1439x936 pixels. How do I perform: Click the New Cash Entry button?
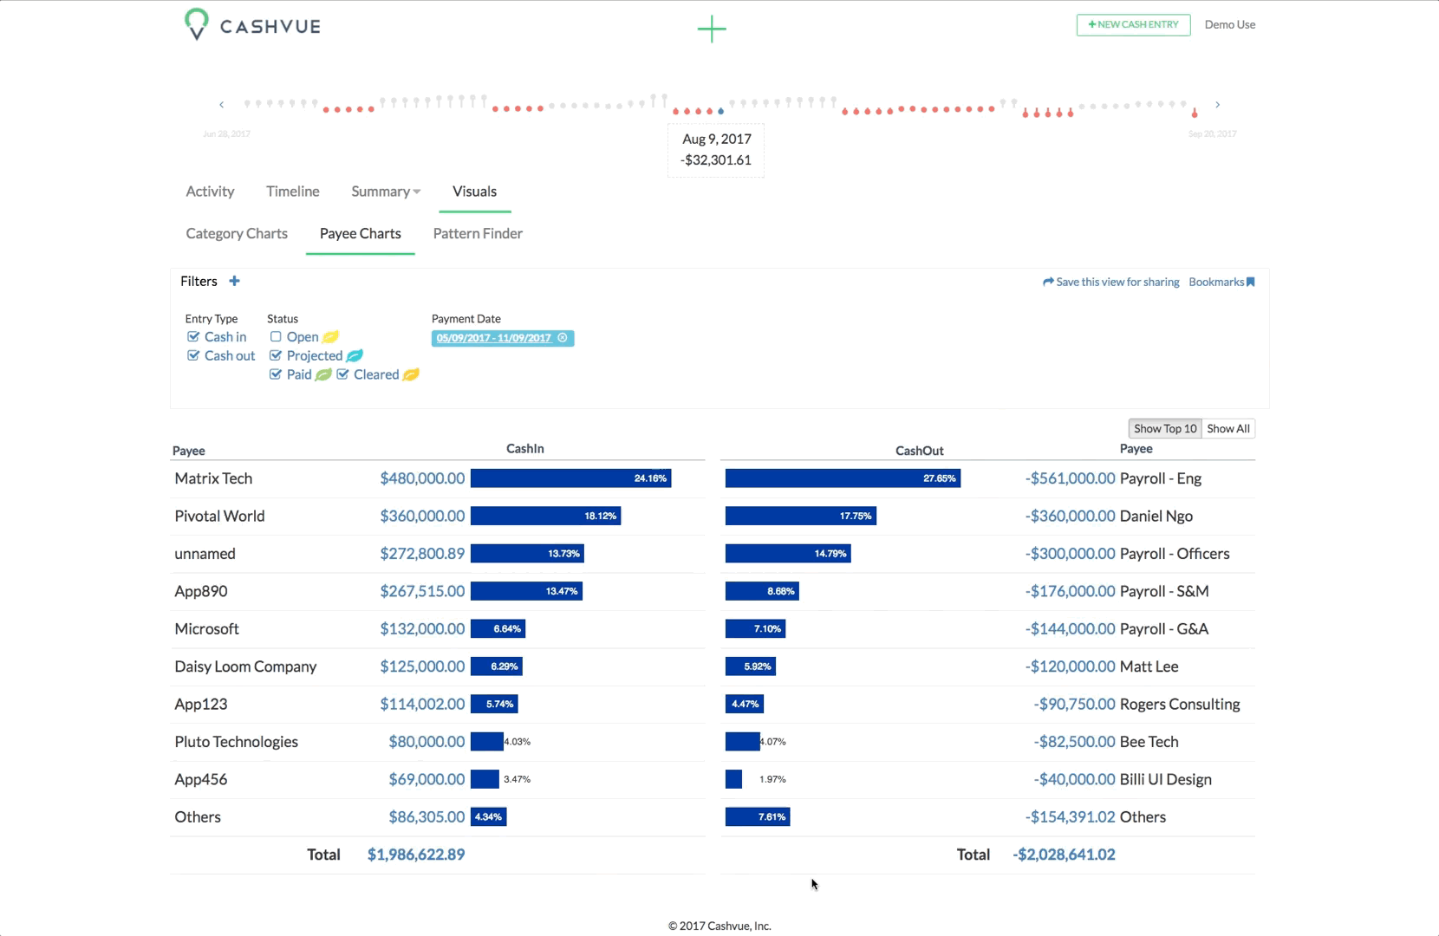pos(1133,24)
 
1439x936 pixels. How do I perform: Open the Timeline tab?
pos(292,191)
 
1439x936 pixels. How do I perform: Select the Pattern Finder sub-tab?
pos(478,233)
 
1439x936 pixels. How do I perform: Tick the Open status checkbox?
pos(276,336)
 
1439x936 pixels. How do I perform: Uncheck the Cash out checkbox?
pos(193,355)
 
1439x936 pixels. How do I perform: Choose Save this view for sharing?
pos(1110,282)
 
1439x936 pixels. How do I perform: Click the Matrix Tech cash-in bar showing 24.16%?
pos(570,478)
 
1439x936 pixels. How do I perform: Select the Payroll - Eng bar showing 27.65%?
pos(843,478)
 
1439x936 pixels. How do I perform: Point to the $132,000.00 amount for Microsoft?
pos(422,628)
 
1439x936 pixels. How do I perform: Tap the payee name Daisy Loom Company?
pos(245,666)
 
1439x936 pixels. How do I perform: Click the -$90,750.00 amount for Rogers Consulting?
pos(1074,704)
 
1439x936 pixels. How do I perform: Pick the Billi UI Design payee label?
pos(1165,779)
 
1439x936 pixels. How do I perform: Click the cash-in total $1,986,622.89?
pos(415,855)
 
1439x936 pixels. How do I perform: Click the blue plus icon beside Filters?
pos(234,281)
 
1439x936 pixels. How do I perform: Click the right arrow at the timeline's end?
pos(1217,105)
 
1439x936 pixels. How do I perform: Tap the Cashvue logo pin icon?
pos(197,24)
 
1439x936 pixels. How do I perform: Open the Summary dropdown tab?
pos(386,191)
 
